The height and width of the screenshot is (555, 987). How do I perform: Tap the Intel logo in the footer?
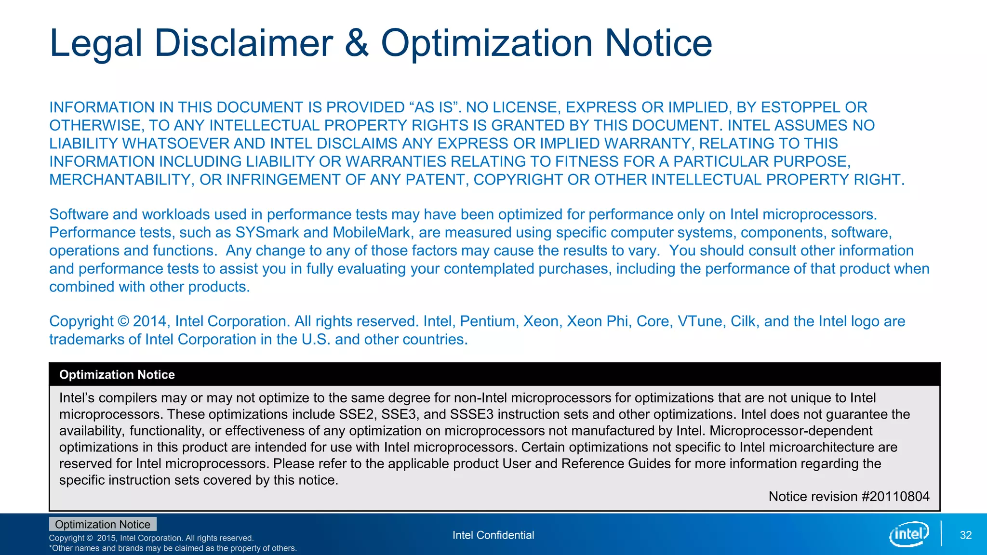(908, 534)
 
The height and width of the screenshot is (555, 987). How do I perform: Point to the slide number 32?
(965, 535)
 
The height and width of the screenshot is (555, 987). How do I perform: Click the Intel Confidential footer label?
(493, 535)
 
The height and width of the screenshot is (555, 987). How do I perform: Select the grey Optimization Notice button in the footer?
(103, 524)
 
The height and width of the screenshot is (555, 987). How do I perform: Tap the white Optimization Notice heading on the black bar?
(117, 375)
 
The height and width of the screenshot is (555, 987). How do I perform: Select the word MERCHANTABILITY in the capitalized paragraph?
(120, 180)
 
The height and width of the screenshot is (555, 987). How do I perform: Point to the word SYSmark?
(267, 233)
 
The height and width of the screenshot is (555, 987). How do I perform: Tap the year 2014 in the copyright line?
(149, 321)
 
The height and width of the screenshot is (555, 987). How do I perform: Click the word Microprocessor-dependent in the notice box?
(791, 431)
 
